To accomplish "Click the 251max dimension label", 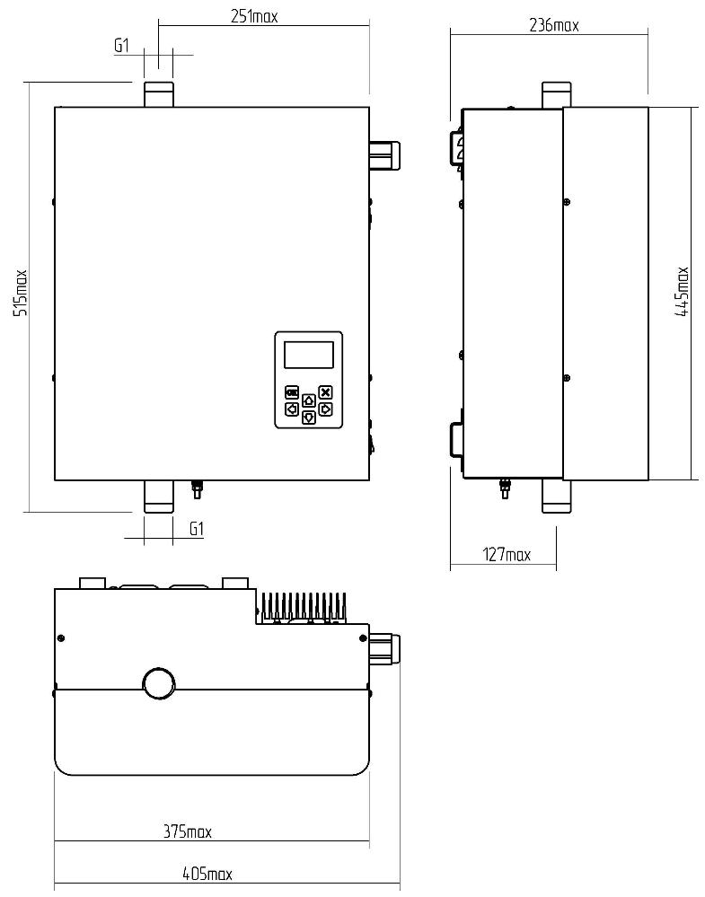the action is (254, 16).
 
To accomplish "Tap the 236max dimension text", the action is (553, 25).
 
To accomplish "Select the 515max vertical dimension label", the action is (21, 293).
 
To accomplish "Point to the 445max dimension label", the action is (683, 292).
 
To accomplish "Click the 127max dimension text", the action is (507, 554).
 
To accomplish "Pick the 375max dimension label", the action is (188, 831).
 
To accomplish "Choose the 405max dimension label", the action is (207, 874).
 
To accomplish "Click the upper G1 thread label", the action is (122, 45).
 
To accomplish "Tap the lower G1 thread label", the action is (197, 529).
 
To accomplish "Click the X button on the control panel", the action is (326, 392).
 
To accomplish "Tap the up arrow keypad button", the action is (309, 400).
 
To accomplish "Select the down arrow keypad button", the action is (309, 417).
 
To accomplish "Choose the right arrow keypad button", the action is (326, 409).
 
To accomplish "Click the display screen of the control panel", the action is (309, 355).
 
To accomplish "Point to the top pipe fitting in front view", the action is (158, 93).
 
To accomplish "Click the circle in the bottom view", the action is (160, 683).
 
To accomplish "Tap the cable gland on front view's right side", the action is (384, 156).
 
